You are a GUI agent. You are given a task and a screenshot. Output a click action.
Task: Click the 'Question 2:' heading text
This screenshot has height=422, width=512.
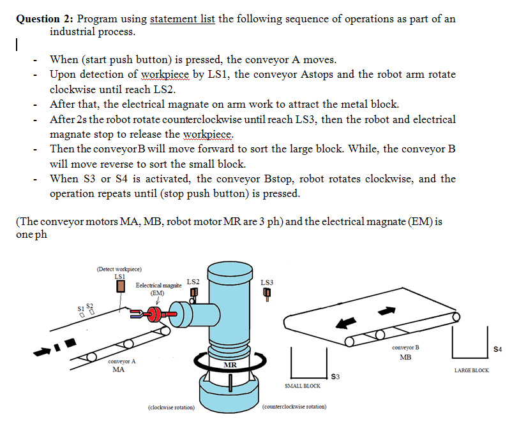point(46,18)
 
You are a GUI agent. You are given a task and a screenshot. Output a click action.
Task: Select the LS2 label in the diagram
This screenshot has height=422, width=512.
point(193,281)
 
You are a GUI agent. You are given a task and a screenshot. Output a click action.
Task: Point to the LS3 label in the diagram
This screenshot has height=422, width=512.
point(267,282)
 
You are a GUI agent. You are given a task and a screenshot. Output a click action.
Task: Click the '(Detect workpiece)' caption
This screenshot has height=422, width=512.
point(119,269)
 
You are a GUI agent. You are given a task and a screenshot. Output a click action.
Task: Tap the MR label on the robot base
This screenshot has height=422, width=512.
point(230,365)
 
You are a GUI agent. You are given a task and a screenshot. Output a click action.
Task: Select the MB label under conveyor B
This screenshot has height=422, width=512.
point(406,357)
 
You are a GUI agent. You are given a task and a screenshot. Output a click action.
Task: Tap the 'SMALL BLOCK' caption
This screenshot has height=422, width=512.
point(302,386)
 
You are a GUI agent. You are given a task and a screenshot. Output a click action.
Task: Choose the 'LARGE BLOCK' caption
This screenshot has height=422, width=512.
point(471,370)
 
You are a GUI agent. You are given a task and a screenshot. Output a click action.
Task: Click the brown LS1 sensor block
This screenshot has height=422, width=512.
point(119,287)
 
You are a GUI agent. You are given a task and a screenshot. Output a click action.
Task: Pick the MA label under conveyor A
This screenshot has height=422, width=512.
point(118,369)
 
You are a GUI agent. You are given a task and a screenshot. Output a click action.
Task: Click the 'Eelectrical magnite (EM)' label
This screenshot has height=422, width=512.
point(158,289)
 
